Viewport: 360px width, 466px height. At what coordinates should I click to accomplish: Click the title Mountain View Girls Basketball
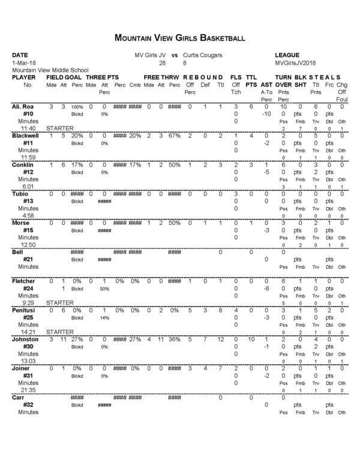179,38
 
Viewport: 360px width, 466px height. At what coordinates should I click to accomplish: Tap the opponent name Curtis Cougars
202,55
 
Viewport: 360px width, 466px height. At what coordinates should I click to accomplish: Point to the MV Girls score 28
161,62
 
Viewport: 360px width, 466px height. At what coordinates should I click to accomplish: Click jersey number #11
28,144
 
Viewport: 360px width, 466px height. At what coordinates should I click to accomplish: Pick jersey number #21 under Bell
28,259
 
